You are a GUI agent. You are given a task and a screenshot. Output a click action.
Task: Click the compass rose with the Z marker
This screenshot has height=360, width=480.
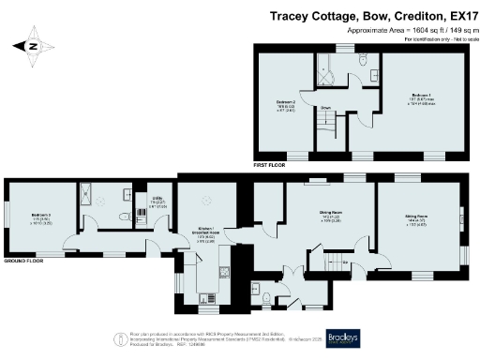[x=32, y=44]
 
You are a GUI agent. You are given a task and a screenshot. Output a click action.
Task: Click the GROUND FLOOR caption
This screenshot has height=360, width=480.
[x=22, y=260]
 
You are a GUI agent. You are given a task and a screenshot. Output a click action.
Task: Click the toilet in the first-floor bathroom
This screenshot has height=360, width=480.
[x=363, y=61]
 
